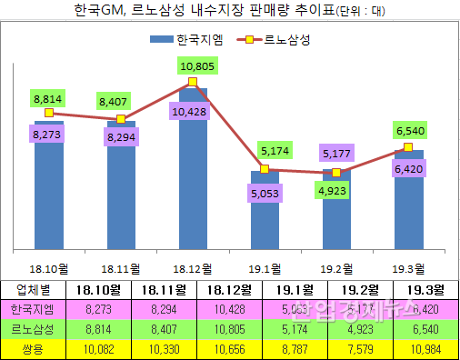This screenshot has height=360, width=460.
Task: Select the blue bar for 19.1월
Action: click(265, 218)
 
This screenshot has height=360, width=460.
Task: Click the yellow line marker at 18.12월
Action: click(193, 83)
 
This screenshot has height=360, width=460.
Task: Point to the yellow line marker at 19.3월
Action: click(408, 147)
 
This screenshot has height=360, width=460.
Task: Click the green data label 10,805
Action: click(197, 65)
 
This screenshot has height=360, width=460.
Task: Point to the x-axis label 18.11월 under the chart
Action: click(120, 269)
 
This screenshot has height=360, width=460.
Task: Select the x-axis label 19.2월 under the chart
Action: click(336, 269)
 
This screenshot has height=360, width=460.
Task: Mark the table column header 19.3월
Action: click(419, 290)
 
